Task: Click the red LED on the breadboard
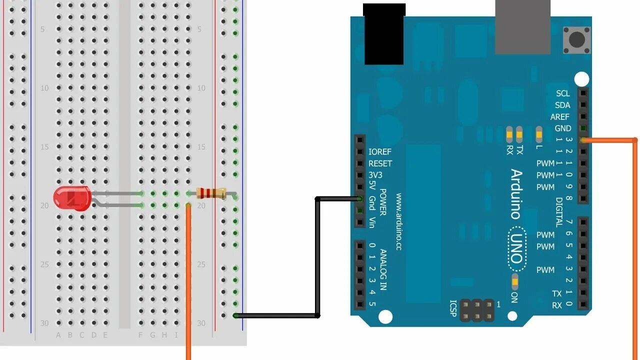[x=72, y=197]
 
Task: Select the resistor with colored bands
[x=211, y=193]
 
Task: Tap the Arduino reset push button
[x=576, y=39]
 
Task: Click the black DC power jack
[x=383, y=34]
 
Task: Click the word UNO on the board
[x=517, y=248]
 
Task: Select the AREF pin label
[x=560, y=117]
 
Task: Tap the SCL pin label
[x=562, y=93]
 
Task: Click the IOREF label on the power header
[x=380, y=151]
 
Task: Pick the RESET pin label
[x=380, y=163]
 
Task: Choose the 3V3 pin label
[x=375, y=175]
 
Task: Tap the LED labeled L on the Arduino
[x=538, y=133]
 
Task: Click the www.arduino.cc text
[x=398, y=221]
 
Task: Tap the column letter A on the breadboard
[x=58, y=335]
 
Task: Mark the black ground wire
[x=317, y=260]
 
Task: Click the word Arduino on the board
[x=515, y=194]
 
